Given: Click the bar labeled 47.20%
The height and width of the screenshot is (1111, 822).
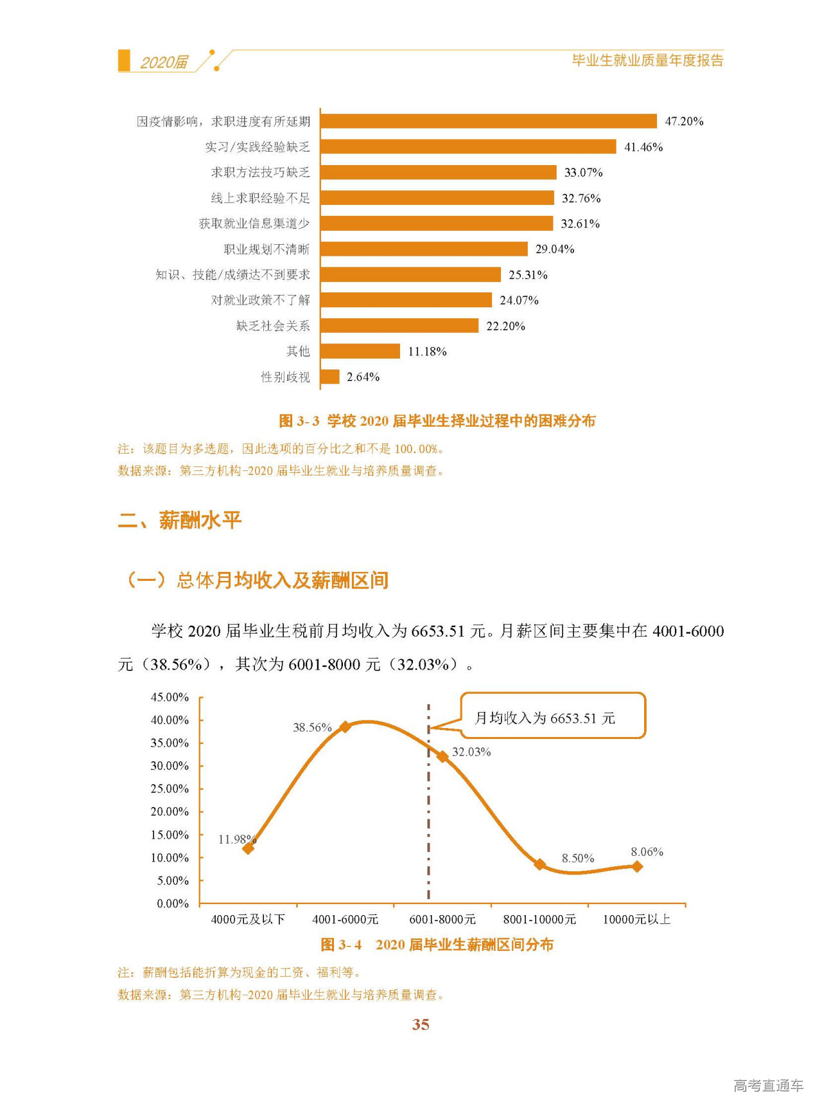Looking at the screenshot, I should pyautogui.click(x=488, y=121).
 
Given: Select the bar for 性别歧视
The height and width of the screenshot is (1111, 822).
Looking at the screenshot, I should pyautogui.click(x=329, y=377).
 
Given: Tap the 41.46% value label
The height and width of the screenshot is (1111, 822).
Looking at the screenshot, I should pyautogui.click(x=643, y=147).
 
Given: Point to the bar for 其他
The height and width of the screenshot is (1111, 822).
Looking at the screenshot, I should pyautogui.click(x=360, y=351).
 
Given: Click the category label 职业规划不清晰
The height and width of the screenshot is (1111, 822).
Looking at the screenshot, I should pyautogui.click(x=267, y=249).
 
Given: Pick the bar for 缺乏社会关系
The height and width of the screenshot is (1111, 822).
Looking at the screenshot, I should pyautogui.click(x=399, y=326).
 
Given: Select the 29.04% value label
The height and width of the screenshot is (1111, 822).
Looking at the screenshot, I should pyautogui.click(x=555, y=249).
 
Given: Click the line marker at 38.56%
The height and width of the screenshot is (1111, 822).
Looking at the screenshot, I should pyautogui.click(x=345, y=727).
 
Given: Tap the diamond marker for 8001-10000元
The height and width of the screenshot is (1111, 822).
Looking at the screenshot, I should pyautogui.click(x=540, y=864).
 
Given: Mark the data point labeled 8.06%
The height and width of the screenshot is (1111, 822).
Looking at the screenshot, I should pyautogui.click(x=637, y=866).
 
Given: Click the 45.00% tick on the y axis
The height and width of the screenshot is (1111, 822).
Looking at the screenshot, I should pyautogui.click(x=170, y=697).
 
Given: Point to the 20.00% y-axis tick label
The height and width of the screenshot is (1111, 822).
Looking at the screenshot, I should pyautogui.click(x=170, y=812).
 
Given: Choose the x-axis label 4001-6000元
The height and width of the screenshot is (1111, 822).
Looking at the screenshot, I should pyautogui.click(x=345, y=920).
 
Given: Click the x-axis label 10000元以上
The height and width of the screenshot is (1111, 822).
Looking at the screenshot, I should pyautogui.click(x=636, y=920).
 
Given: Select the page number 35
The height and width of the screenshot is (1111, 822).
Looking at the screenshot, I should pyautogui.click(x=421, y=1024).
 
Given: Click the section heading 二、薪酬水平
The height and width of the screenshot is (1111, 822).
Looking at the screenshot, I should pyautogui.click(x=180, y=520).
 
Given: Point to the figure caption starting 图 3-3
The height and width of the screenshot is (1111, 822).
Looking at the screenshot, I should pyautogui.click(x=437, y=421).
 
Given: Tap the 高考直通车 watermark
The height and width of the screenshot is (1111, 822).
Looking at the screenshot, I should pyautogui.click(x=768, y=1085).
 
